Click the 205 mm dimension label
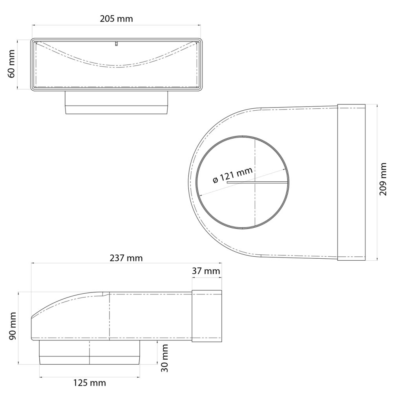116,19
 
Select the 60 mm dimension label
12,64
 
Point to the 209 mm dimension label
383,179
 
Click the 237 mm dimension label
126,258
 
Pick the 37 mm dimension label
206,271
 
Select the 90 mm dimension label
13,326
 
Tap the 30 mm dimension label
164,358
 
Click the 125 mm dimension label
90,383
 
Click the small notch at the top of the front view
116,43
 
